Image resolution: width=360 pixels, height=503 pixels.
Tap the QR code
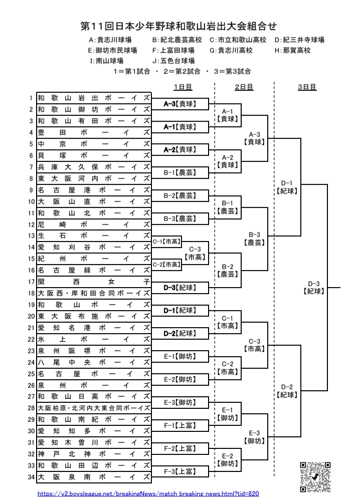315,476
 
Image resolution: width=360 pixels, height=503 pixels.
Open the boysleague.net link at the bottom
149,494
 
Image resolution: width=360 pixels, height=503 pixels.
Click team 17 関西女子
94,282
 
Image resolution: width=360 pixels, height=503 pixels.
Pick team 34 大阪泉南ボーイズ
94,477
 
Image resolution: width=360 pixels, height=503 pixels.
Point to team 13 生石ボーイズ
94,236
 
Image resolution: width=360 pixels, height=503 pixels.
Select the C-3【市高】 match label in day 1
195,253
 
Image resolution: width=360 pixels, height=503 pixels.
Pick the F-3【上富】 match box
179,471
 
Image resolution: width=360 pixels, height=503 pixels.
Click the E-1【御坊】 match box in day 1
179,356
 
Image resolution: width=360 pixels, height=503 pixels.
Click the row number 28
32,408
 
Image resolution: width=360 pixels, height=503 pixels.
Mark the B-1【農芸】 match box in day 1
179,173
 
